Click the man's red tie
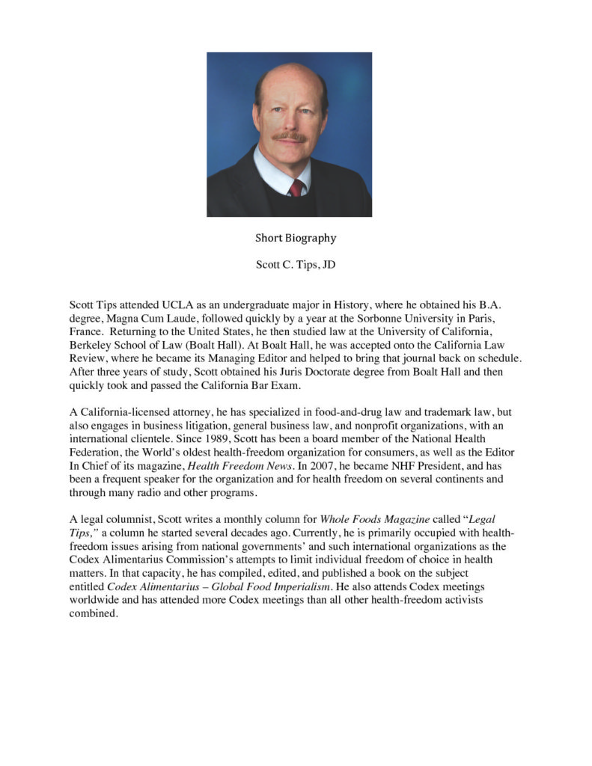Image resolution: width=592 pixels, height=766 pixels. click(297, 187)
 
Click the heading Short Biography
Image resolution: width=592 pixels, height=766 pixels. click(296, 238)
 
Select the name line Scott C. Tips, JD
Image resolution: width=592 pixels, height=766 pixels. click(296, 265)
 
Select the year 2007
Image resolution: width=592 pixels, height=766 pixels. click(334, 465)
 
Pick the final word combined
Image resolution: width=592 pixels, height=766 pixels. click(94, 613)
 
